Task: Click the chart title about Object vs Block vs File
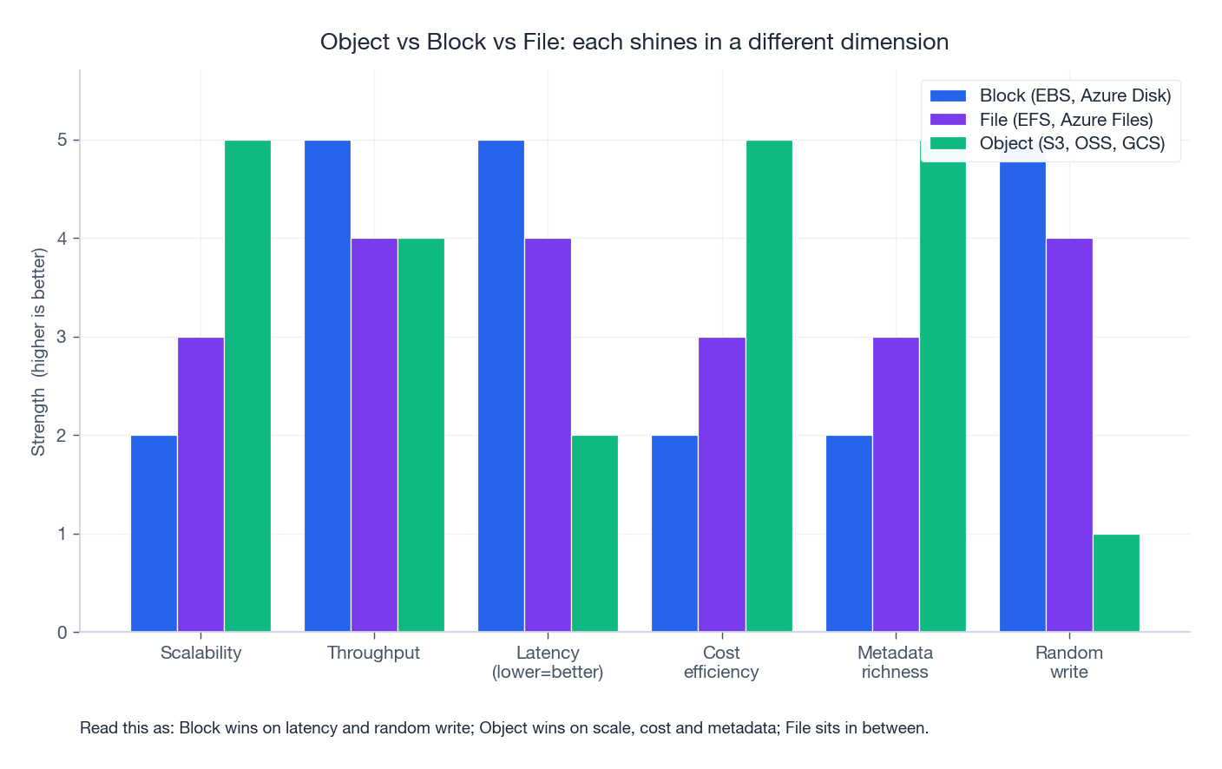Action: tap(634, 42)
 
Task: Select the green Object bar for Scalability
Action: tap(247, 386)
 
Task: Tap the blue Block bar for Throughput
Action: tap(327, 386)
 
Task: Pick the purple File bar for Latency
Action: tap(548, 435)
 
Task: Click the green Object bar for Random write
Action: tap(1116, 583)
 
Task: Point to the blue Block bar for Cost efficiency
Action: tap(674, 534)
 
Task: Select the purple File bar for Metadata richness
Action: tap(896, 484)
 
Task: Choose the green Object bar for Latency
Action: tap(595, 534)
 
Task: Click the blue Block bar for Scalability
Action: tap(154, 534)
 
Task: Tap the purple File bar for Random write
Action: tap(1069, 435)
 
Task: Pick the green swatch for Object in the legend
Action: tap(948, 143)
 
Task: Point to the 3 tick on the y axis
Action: tap(62, 337)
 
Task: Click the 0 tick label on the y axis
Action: tap(62, 633)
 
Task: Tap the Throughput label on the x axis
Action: tap(373, 653)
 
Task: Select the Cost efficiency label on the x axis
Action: tap(721, 662)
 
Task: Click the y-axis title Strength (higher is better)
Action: tap(38, 352)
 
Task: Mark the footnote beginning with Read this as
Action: tap(504, 728)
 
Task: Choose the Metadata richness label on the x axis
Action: tap(895, 662)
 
